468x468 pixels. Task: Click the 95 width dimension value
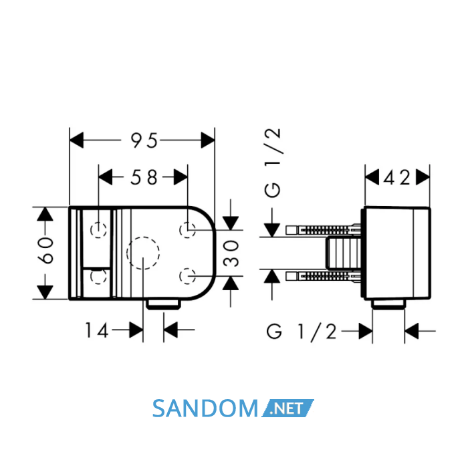point(144,140)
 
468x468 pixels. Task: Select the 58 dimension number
point(144,177)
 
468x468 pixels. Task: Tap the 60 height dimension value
point(46,251)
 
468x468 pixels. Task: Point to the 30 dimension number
point(231,253)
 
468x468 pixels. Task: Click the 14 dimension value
point(96,330)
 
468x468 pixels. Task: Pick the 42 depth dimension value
point(397,179)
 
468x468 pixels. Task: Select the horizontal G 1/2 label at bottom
point(302,332)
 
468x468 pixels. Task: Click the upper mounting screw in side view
point(324,230)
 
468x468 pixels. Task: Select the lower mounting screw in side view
point(324,276)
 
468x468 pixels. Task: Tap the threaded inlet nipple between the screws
point(343,253)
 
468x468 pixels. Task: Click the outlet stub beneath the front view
point(164,304)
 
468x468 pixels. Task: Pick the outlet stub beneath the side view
point(388,304)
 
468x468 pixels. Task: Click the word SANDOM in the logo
point(205,408)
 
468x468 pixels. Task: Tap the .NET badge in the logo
point(287,408)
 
